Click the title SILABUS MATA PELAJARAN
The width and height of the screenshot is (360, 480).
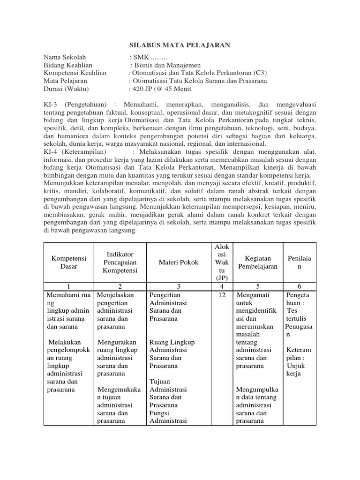click(x=180, y=45)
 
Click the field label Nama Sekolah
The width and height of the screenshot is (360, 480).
click(x=65, y=57)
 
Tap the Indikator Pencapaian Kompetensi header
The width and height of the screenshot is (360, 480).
click(x=119, y=262)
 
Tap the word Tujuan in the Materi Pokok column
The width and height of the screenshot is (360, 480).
click(x=159, y=382)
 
